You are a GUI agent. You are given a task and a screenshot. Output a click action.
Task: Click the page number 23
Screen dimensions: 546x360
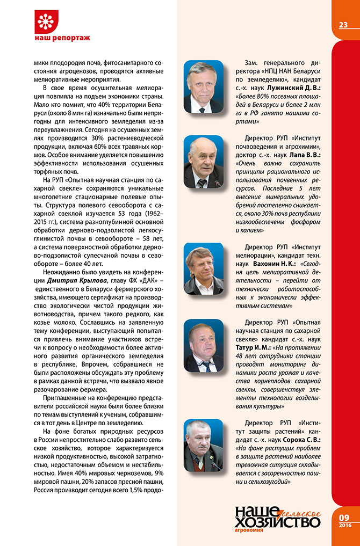click(x=343, y=25)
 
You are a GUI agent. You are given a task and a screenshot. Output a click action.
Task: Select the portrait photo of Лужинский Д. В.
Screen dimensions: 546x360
click(x=203, y=86)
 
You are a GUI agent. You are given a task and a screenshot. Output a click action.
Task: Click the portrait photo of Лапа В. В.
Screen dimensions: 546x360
click(x=203, y=162)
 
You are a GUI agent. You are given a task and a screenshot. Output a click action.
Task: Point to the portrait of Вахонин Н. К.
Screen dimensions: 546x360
click(x=203, y=268)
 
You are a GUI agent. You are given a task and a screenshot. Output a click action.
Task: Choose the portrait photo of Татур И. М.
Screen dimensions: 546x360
click(x=203, y=345)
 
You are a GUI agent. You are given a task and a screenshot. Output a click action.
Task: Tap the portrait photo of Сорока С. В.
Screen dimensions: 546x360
click(x=203, y=445)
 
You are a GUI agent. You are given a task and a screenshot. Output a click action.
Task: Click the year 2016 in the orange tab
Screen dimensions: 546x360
click(x=344, y=525)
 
